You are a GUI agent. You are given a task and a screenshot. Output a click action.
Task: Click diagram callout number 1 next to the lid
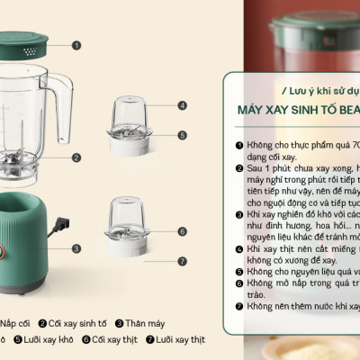tap(76, 44)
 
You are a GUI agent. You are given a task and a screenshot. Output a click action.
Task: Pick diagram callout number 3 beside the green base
tap(76, 248)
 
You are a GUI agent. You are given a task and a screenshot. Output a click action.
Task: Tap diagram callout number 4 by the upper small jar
tap(182, 105)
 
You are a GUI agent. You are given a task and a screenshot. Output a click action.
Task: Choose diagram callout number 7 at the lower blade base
tap(182, 262)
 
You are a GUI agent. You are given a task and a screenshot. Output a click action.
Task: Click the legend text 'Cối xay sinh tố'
tap(78, 323)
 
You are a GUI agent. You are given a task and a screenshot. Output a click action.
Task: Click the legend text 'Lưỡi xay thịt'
tap(180, 340)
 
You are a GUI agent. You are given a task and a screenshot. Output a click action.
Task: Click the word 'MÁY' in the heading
tap(247, 111)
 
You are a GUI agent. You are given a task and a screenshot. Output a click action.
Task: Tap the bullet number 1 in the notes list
tap(239, 144)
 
